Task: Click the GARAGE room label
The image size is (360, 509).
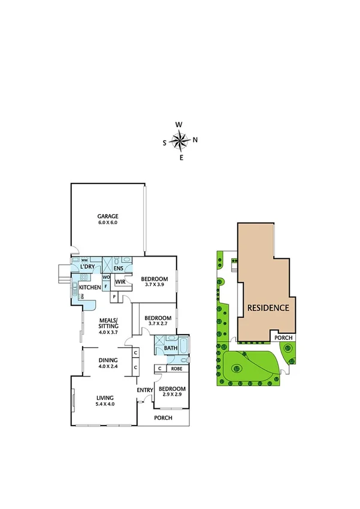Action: pos(108,216)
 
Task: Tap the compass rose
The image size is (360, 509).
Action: pos(179,141)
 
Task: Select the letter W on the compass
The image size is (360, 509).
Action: pos(179,125)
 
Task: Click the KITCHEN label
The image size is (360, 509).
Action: pos(89,288)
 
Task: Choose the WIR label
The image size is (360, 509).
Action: pos(120,281)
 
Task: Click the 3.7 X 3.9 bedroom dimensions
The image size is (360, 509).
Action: pos(154,285)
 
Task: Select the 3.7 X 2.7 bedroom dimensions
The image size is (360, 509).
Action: pos(158,324)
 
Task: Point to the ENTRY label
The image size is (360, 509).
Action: pos(145,390)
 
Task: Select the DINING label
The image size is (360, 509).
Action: pos(109,360)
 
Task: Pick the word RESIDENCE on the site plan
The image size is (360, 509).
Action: pos(267,308)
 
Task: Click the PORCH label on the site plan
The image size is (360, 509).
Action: pos(283,338)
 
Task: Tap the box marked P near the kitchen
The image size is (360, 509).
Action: pos(114,297)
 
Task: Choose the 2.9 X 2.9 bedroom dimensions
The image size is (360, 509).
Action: pos(173,396)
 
